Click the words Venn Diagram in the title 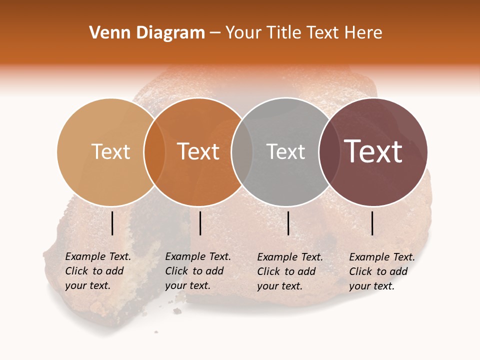click(147, 33)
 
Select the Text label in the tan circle click(110, 151)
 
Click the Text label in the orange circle click(198, 151)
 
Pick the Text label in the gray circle click(285, 151)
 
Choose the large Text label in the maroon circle click(373, 151)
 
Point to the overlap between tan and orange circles click(154, 151)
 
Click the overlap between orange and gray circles click(242, 151)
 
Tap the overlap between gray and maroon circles click(329, 151)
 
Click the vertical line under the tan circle click(112, 223)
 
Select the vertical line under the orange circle click(200, 223)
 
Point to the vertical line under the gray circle click(288, 223)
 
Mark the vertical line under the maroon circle click(372, 223)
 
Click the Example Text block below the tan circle click(97, 271)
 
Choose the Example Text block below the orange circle click(197, 271)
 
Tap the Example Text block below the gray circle click(289, 271)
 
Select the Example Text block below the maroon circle click(381, 271)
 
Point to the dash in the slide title click(215, 33)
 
